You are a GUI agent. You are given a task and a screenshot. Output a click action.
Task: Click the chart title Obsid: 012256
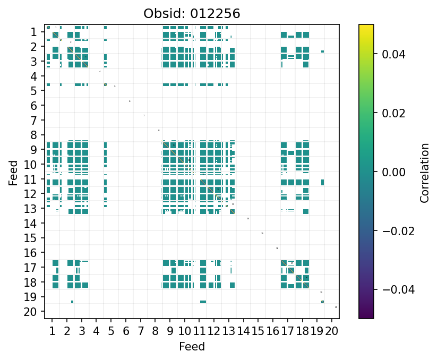tap(192, 14)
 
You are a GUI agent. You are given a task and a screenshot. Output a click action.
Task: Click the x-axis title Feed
tap(192, 347)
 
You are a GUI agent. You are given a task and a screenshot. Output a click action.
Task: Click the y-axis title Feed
tap(13, 172)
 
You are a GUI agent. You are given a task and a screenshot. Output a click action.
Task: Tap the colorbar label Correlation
tap(424, 172)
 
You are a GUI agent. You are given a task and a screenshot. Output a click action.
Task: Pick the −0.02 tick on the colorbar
tap(391, 230)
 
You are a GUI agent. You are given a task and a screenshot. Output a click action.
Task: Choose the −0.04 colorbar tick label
tap(391, 289)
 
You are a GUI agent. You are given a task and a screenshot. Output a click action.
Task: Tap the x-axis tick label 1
tap(52, 332)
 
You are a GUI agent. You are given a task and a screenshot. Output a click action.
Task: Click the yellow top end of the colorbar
tap(366, 27)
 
